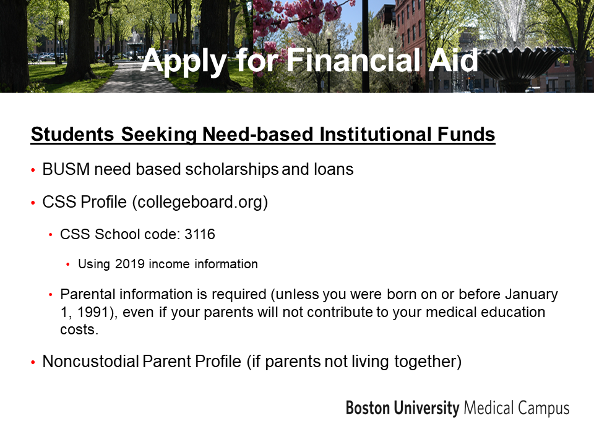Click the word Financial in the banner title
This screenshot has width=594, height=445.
pos(353,60)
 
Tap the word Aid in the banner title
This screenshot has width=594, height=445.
pos(453,60)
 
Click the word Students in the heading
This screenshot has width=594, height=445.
pos(72,134)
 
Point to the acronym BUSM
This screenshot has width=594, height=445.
pos(66,169)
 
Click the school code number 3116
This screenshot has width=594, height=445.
pos(200,234)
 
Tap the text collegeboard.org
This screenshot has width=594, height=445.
pos(200,202)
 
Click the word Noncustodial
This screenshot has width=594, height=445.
pos(90,361)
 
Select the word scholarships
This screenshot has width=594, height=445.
pos(232,169)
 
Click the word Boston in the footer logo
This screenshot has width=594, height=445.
pos(368,409)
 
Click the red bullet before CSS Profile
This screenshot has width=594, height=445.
pos(33,203)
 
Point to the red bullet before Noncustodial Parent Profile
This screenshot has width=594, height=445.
pos(33,363)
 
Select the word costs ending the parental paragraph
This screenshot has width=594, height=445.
pos(79,329)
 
